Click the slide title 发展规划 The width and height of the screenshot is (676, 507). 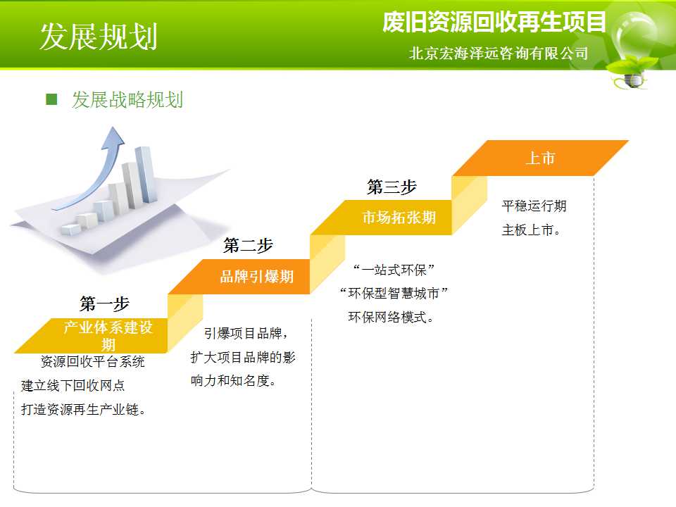(99, 36)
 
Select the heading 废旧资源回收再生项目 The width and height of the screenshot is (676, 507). (494, 22)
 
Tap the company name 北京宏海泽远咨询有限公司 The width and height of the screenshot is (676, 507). (499, 53)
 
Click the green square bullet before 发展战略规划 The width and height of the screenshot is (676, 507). (51, 99)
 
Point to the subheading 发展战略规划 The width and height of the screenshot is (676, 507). (127, 99)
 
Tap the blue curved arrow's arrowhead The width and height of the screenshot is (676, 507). (113, 137)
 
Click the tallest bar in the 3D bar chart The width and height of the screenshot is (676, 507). (144, 174)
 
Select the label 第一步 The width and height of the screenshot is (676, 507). (104, 303)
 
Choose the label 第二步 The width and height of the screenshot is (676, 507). (248, 245)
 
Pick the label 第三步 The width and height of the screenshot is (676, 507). (392, 187)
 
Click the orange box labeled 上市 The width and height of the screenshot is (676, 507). (540, 158)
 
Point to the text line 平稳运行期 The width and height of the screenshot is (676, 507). (534, 206)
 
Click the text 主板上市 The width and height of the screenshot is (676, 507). (531, 230)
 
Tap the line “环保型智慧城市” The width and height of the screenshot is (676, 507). (394, 294)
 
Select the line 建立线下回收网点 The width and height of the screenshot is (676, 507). (73, 385)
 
